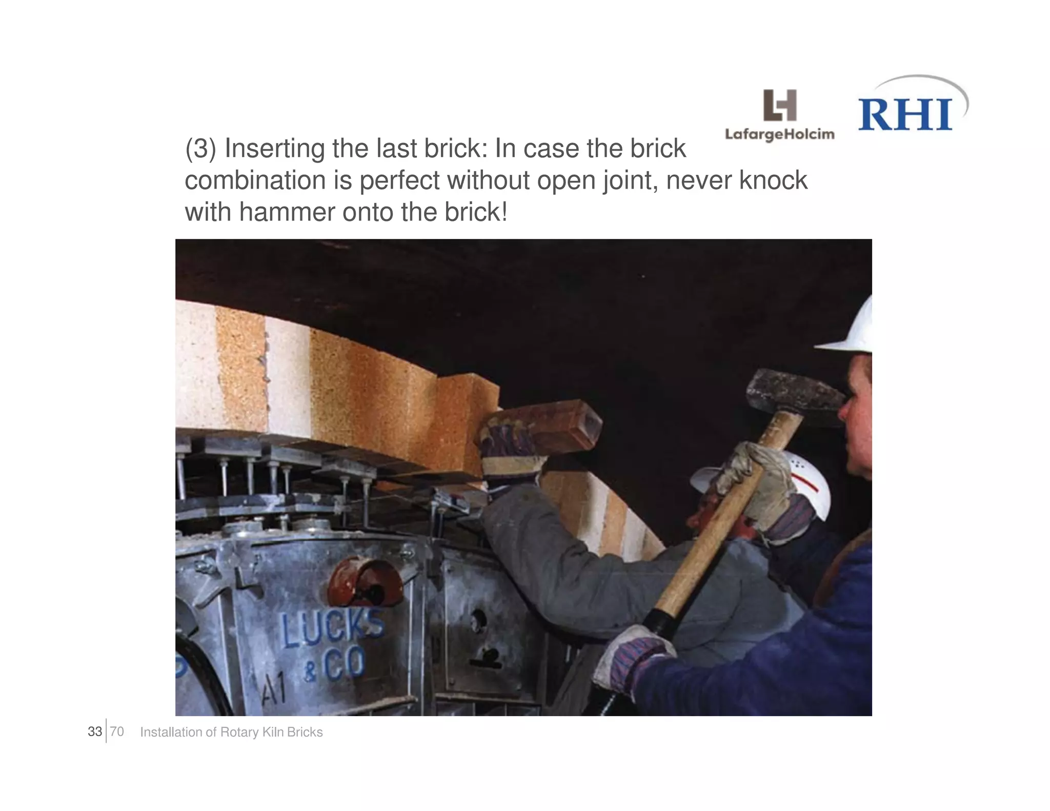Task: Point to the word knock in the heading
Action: (773, 181)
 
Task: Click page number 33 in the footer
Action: (95, 732)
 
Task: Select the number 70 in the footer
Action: (117, 732)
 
